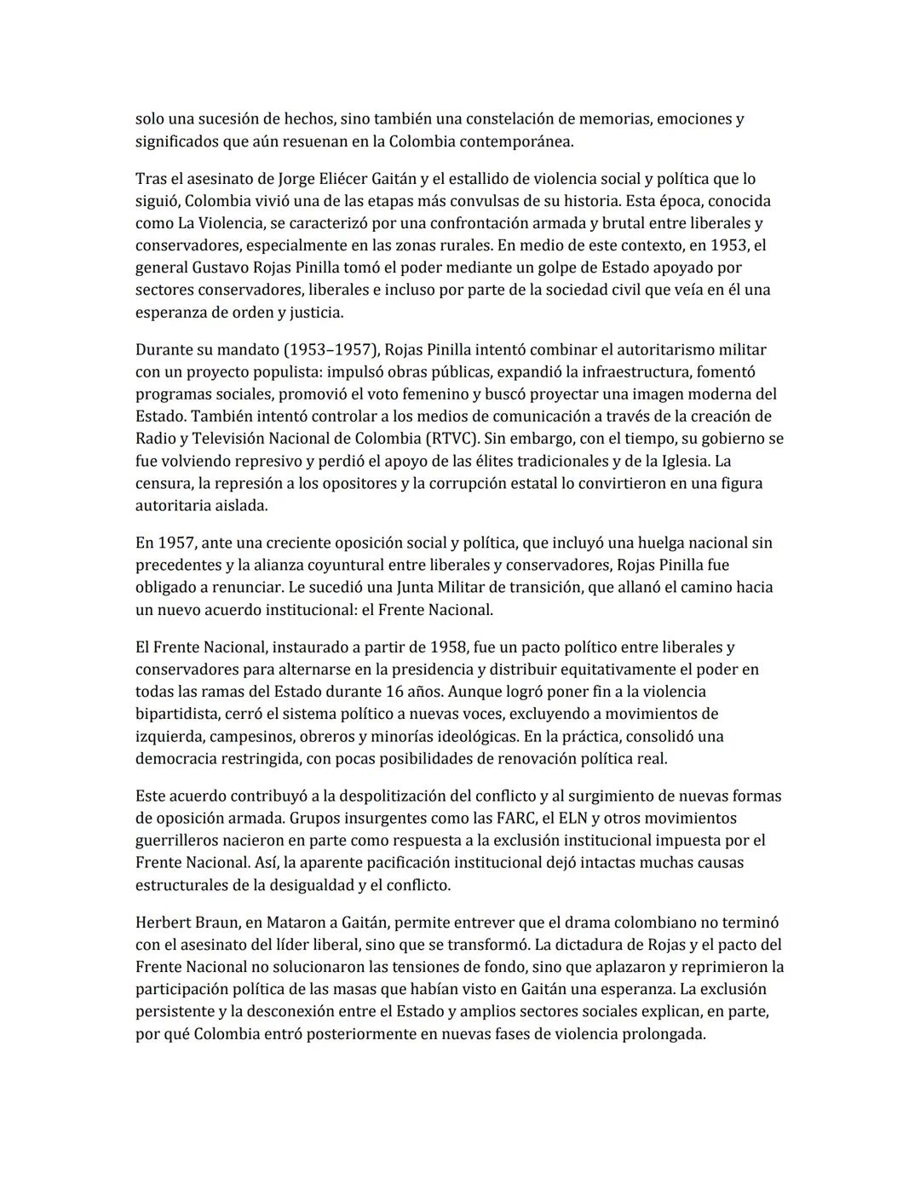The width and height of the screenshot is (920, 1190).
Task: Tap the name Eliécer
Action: coord(341,179)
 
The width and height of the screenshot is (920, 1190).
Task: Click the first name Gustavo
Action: coord(220,267)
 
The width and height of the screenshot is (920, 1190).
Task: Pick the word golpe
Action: coord(526,267)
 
